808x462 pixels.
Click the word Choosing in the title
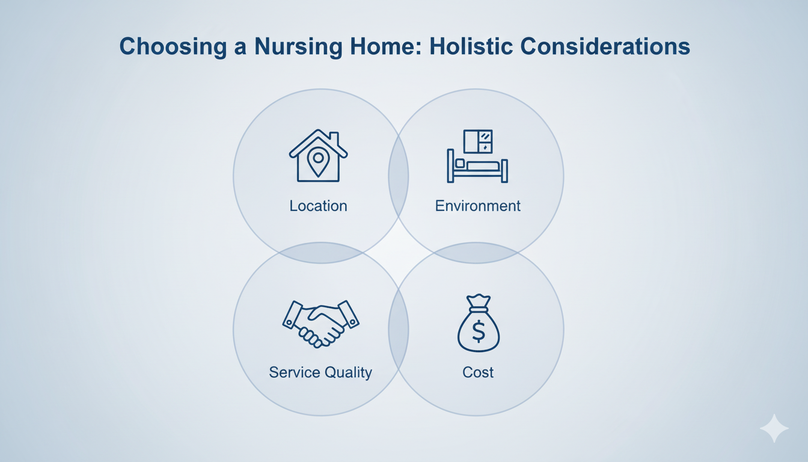pyautogui.click(x=173, y=47)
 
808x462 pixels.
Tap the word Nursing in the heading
pyautogui.click(x=298, y=47)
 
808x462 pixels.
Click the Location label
pyautogui.click(x=318, y=206)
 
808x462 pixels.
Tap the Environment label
pyautogui.click(x=477, y=206)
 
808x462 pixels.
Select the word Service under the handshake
pyautogui.click(x=295, y=372)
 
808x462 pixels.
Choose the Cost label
pyautogui.click(x=478, y=372)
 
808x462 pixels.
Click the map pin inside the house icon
pyautogui.click(x=318, y=162)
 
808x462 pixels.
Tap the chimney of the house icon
pyautogui.click(x=334, y=138)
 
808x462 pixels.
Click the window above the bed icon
pyautogui.click(x=478, y=141)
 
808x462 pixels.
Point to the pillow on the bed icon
pyautogui.click(x=459, y=163)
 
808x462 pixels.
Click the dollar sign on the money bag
pyautogui.click(x=479, y=331)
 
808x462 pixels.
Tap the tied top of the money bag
pyautogui.click(x=479, y=303)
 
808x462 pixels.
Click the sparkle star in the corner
pyautogui.click(x=774, y=428)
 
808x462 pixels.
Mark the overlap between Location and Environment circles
pyautogui.click(x=399, y=176)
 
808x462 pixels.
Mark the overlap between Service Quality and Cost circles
pyautogui.click(x=399, y=329)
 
